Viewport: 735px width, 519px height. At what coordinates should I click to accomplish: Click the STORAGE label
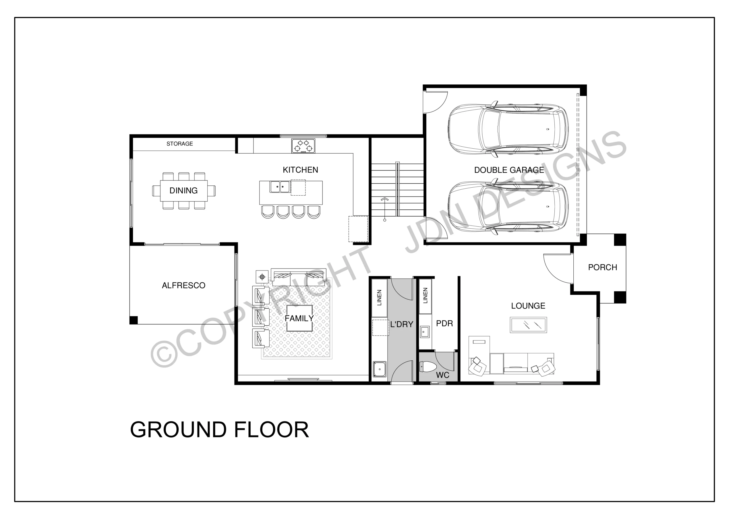click(180, 144)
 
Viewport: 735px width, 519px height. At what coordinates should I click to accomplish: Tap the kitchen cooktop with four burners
click(303, 145)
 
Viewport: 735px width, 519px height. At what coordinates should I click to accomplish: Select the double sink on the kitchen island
click(280, 187)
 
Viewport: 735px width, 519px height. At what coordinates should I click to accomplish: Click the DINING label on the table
click(183, 191)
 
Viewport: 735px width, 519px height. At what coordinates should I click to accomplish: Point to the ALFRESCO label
click(183, 285)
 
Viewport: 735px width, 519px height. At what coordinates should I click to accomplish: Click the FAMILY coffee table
click(299, 318)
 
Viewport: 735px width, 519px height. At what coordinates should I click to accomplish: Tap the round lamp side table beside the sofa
click(262, 277)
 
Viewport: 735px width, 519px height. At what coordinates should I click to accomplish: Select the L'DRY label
click(401, 324)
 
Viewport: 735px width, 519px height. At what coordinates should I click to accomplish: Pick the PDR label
click(444, 324)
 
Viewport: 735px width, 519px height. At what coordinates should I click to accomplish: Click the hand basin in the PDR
click(424, 332)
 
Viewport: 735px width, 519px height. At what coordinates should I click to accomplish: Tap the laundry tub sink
click(380, 369)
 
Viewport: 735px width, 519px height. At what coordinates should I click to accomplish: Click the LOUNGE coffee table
click(528, 325)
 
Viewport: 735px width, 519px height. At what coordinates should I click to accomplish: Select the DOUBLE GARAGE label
click(509, 170)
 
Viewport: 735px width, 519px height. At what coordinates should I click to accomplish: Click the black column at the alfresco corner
click(134, 320)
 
